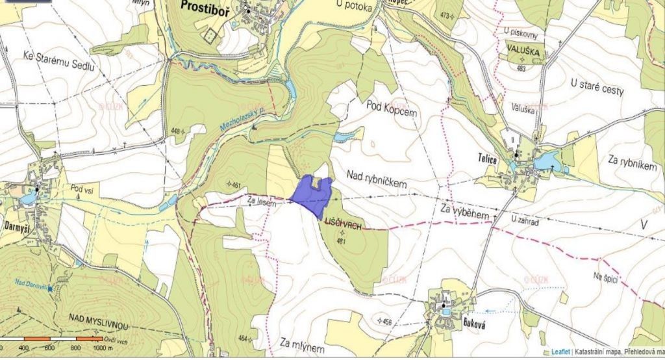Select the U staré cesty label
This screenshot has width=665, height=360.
pos(597,87)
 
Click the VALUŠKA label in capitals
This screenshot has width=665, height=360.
pos(525,49)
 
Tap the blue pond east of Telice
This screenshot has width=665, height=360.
pos(547,160)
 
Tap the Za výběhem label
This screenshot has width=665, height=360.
pos(464,211)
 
